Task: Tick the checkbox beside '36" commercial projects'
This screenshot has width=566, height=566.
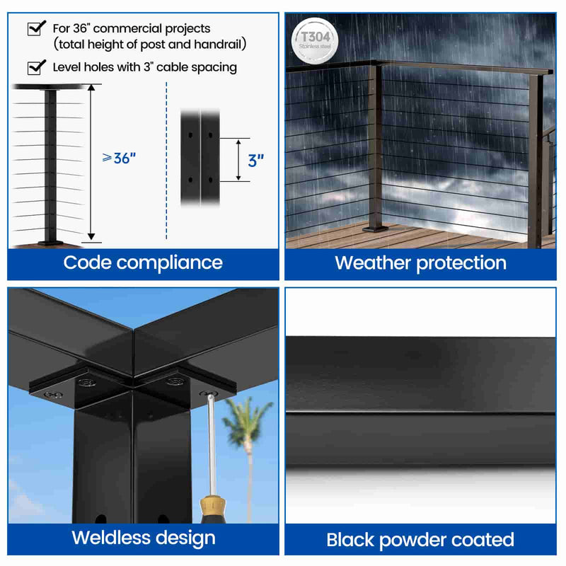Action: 33,29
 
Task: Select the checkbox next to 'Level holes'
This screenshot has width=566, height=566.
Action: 33,68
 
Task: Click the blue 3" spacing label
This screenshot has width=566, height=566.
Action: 256,160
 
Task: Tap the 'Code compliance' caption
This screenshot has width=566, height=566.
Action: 143,262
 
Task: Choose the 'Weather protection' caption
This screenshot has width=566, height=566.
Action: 420,263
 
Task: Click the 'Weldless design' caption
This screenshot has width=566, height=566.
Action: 143,538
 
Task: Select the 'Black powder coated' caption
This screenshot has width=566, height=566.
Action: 420,541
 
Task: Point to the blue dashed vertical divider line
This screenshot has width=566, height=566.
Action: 166,163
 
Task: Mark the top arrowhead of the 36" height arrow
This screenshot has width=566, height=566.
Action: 91,88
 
